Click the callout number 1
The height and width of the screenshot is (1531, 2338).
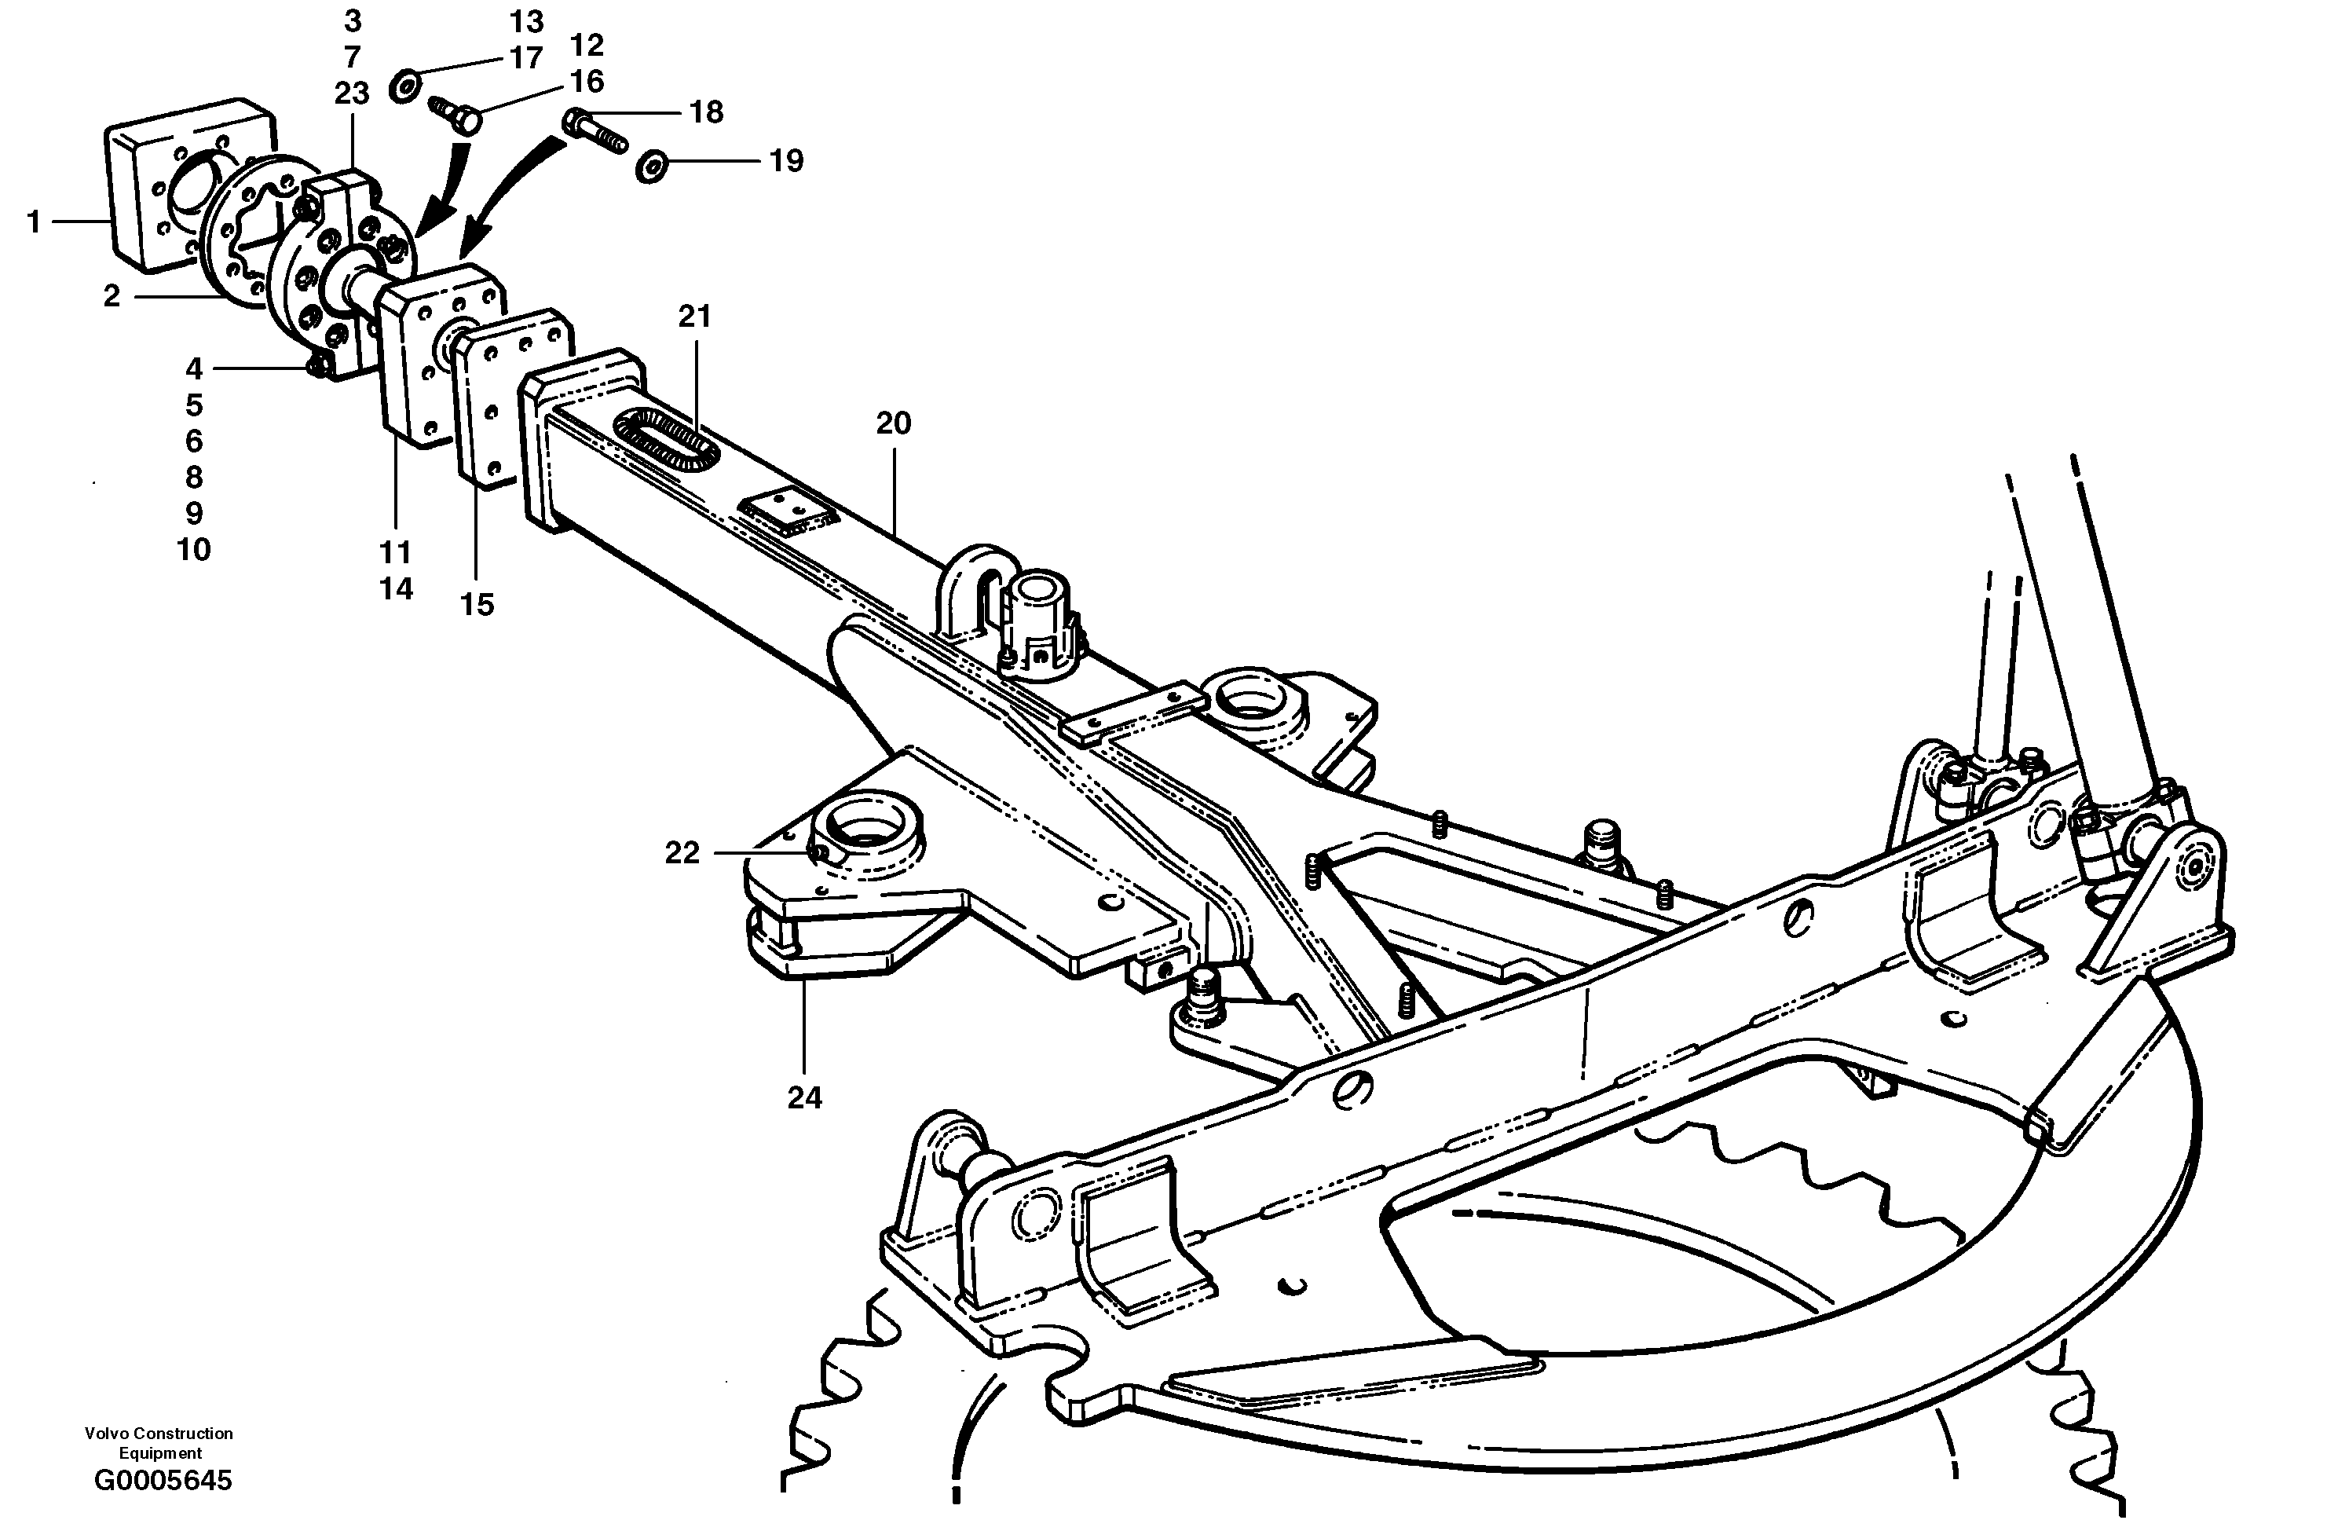34,223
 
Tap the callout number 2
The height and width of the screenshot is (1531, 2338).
112,296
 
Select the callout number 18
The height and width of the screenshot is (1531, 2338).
705,113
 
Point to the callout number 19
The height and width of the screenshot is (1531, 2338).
786,161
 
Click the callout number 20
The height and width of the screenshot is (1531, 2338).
893,423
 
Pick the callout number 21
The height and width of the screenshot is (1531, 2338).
694,317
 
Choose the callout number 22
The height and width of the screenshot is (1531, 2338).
682,853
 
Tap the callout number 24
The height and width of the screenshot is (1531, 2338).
803,1097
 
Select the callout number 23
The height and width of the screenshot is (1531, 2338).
351,93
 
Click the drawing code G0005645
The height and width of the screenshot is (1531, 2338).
163,1480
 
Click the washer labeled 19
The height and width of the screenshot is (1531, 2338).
650,166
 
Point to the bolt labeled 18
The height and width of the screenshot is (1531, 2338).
595,132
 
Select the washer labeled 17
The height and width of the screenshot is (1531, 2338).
404,86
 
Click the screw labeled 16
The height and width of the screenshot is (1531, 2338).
455,113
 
